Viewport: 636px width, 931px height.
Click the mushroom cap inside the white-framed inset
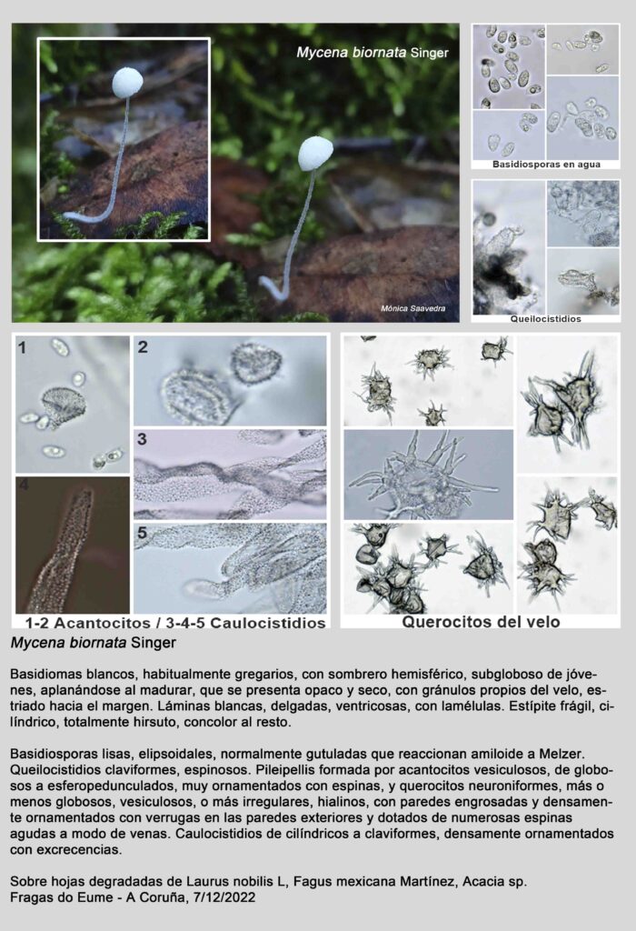(127, 83)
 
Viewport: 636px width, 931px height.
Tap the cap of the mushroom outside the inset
(315, 154)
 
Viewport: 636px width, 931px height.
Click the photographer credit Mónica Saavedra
(412, 308)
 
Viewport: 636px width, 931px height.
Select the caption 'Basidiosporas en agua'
(546, 165)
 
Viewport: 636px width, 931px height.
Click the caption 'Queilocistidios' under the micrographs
(546, 319)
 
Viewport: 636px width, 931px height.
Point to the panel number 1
(22, 348)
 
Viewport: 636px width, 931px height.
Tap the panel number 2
(143, 346)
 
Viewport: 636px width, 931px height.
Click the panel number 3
(142, 439)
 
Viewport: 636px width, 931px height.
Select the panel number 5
(142, 533)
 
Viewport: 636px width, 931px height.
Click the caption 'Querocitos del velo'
(482, 622)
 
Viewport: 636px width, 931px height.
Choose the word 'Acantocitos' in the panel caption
(102, 623)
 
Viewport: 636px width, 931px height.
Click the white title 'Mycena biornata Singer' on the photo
(373, 52)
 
